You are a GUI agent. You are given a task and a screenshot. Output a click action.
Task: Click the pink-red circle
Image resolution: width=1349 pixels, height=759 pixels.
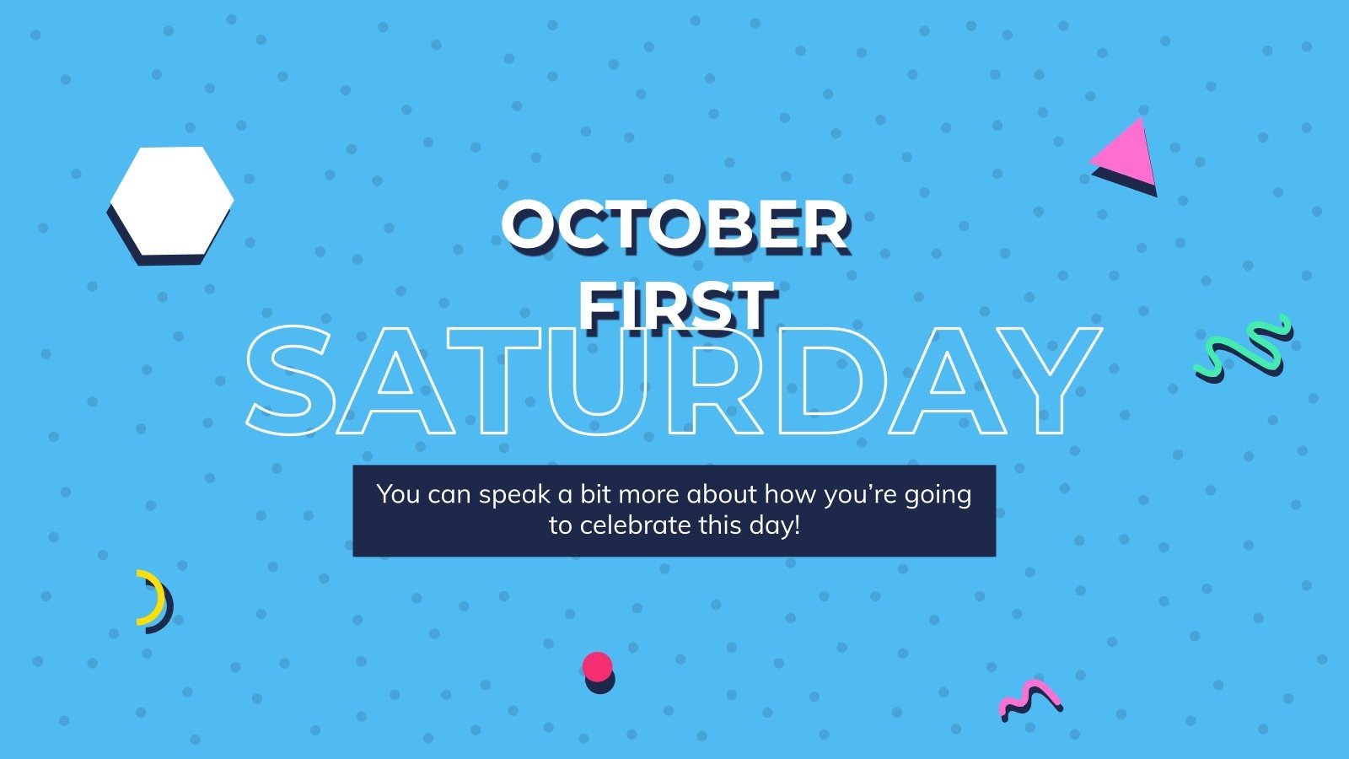pos(597,667)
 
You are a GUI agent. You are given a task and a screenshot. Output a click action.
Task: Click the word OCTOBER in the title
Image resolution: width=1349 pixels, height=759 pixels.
pos(674,226)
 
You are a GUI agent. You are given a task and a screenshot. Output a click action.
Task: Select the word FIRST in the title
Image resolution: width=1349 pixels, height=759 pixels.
pos(675,305)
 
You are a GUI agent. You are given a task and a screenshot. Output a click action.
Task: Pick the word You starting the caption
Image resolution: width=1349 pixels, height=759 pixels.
pos(398,493)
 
